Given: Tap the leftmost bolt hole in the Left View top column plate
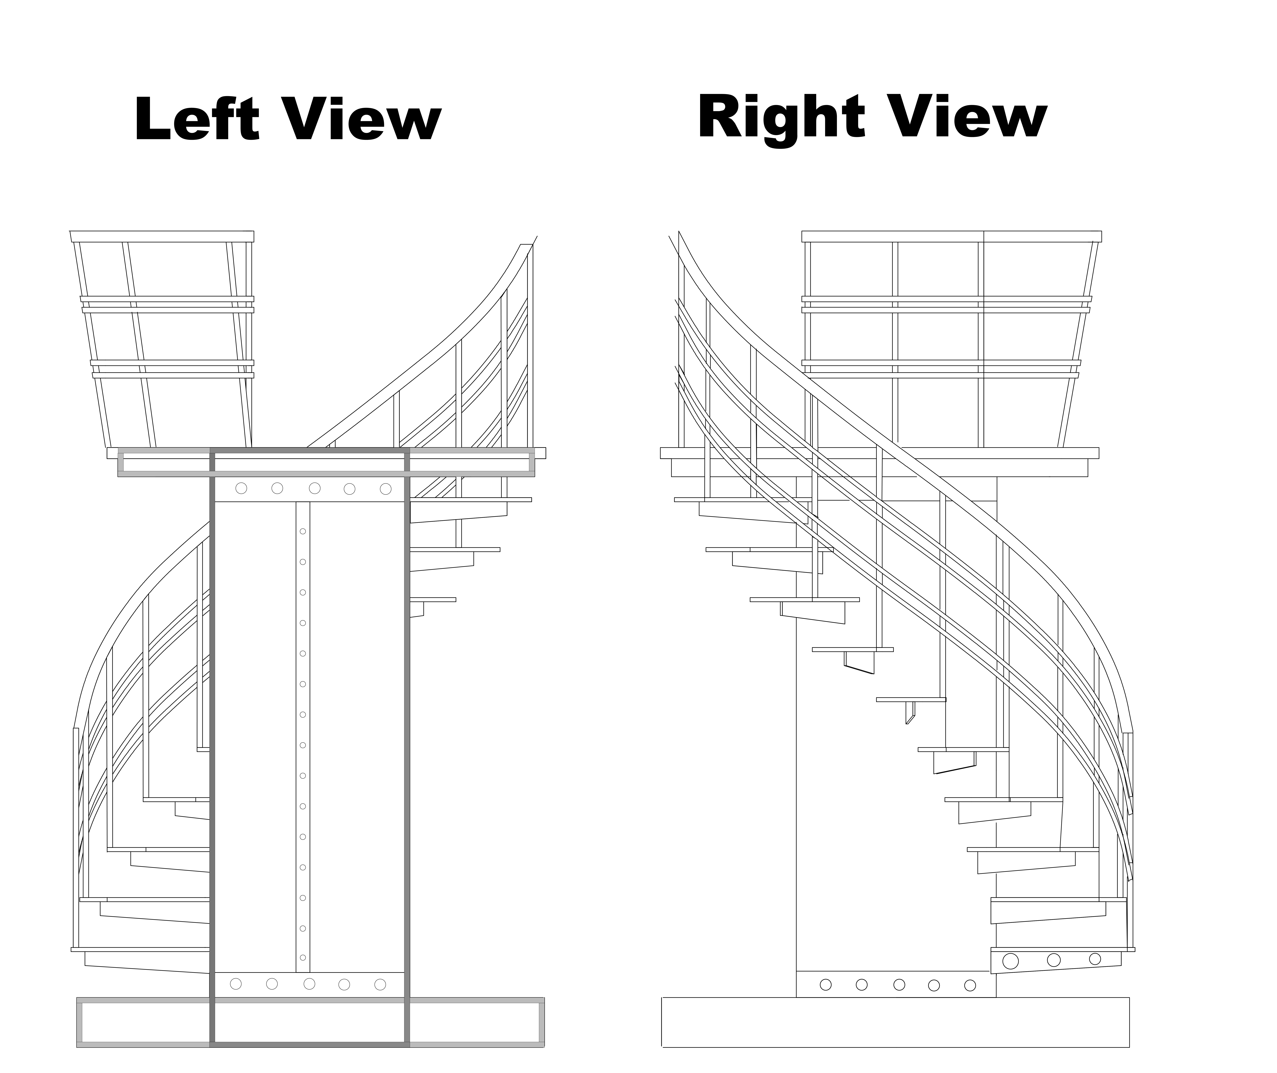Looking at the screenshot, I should tap(241, 488).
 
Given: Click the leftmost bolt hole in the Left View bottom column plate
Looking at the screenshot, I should tap(236, 984).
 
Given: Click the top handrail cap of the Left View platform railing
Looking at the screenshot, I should tap(162, 236).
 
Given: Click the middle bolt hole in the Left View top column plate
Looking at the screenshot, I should tap(314, 488).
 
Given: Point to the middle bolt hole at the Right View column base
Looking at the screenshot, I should tap(899, 984).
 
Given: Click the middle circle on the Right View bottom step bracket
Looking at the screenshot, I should tap(1054, 960).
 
